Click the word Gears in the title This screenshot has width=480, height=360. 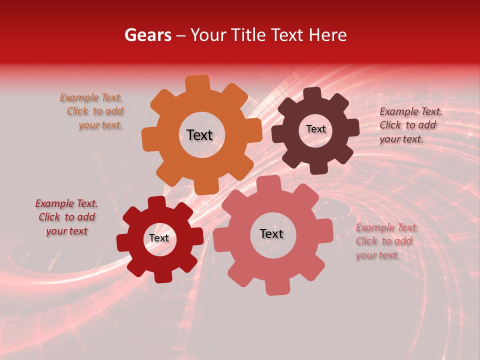(147, 35)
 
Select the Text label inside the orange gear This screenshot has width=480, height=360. (199, 135)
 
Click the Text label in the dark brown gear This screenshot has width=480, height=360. (315, 129)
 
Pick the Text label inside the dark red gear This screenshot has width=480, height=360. (159, 238)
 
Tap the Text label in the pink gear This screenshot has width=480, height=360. (271, 233)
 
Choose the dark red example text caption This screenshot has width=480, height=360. (66, 217)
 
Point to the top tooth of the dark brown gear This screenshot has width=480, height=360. (312, 94)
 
